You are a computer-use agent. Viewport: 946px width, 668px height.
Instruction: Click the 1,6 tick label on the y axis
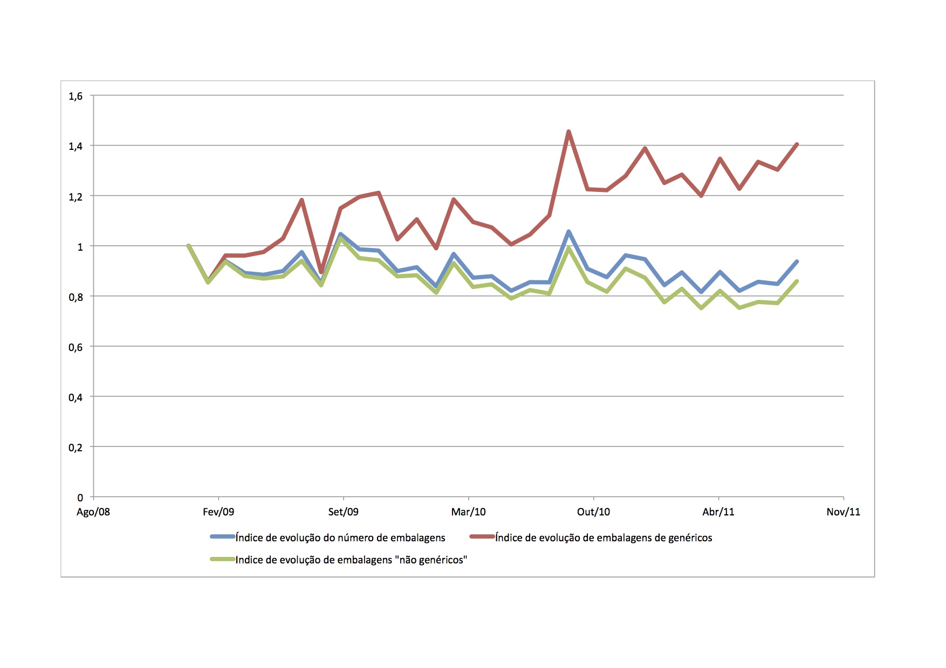pyautogui.click(x=76, y=96)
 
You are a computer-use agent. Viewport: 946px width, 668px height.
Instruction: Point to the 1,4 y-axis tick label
pyautogui.click(x=76, y=146)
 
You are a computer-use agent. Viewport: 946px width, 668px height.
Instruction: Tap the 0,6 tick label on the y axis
pyautogui.click(x=76, y=347)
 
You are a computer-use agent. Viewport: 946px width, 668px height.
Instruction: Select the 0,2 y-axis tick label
pyautogui.click(x=76, y=447)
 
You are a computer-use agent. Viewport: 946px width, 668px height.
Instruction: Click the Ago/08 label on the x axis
pyautogui.click(x=93, y=512)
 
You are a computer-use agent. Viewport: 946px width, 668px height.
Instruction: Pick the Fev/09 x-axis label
pyautogui.click(x=218, y=512)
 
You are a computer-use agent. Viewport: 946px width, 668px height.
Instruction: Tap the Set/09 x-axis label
pyautogui.click(x=343, y=512)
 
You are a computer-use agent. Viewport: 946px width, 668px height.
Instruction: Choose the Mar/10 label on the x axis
pyautogui.click(x=468, y=512)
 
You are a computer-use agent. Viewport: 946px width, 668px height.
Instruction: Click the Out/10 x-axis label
pyautogui.click(x=593, y=512)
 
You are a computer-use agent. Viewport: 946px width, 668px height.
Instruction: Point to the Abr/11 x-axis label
pyautogui.click(x=718, y=512)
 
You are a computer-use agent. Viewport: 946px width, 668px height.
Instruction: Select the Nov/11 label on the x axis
pyautogui.click(x=843, y=512)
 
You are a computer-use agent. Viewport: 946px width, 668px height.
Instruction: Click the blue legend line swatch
pyautogui.click(x=222, y=537)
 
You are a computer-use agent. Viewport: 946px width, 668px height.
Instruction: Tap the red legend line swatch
pyautogui.click(x=482, y=537)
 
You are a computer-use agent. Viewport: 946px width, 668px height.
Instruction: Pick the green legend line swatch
pyautogui.click(x=222, y=559)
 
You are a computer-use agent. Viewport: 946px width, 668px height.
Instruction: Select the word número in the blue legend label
pyautogui.click(x=362, y=538)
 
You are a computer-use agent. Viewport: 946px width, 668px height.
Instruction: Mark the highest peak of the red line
pyautogui.click(x=568, y=132)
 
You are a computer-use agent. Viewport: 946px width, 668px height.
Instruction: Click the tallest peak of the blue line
pyautogui.click(x=568, y=232)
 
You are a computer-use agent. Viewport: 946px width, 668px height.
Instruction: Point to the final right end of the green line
pyautogui.click(x=797, y=281)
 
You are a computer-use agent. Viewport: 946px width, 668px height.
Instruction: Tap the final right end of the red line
pyautogui.click(x=797, y=144)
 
